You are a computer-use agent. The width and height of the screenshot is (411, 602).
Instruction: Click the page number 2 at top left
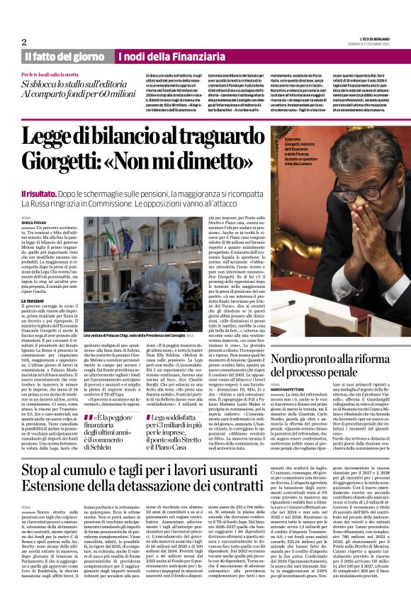pos(24,42)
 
